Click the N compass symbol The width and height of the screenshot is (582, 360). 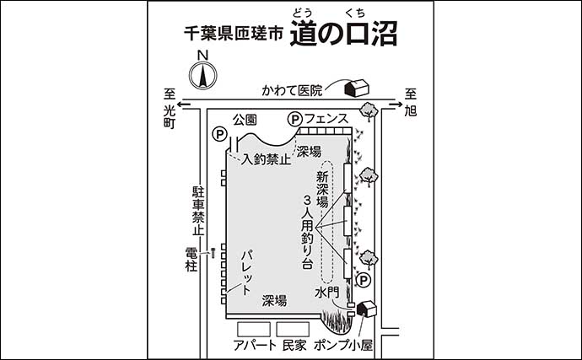point(202,73)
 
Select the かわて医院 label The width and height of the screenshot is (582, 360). point(292,89)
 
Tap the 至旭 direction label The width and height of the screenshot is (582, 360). point(412,102)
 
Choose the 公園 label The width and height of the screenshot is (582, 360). point(245,120)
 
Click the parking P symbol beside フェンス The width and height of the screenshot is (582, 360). point(295,120)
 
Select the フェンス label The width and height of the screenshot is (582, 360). point(326,120)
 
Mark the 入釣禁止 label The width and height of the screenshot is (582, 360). point(267,158)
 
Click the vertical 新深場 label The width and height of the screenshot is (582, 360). point(321,189)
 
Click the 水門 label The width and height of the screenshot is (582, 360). point(326,292)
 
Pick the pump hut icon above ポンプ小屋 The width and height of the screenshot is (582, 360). point(365,309)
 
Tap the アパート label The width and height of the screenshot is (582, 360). point(253,345)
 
